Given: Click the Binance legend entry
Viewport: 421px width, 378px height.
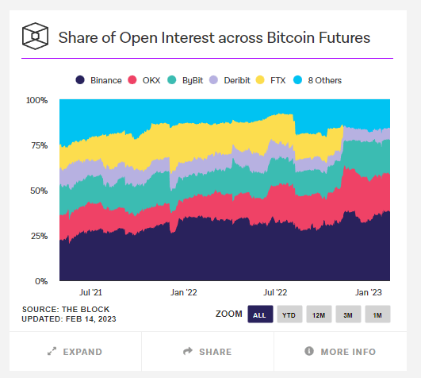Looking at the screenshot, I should point(99,79).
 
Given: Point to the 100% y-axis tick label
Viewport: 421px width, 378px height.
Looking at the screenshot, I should point(37,100).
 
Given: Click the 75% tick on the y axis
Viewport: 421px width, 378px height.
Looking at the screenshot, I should point(40,145).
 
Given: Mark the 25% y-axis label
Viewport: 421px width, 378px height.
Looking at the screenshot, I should point(40,236).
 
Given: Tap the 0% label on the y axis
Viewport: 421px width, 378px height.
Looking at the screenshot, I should point(42,281).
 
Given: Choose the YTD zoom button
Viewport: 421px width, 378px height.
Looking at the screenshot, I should point(289,314).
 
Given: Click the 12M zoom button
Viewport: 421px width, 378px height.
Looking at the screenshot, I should point(319,314).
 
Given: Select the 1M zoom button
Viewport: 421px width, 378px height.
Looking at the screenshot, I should point(377,314).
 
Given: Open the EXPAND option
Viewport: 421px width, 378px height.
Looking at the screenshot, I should point(75,352).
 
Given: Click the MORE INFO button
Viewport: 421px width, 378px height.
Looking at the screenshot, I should point(340,352).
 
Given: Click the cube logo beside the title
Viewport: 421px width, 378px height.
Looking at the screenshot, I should point(36,37).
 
